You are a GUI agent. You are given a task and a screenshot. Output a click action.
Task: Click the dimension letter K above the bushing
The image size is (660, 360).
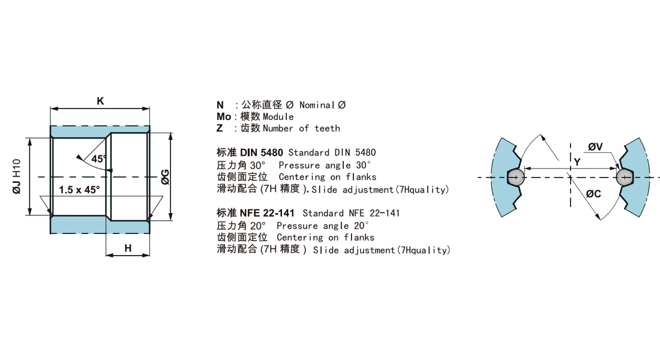click(100, 101)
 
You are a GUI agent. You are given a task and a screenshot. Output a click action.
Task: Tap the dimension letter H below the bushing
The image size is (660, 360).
click(128, 248)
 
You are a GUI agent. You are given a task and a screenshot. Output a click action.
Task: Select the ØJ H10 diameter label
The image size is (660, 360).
click(16, 176)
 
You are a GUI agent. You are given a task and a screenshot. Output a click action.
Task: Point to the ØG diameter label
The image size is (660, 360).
click(166, 177)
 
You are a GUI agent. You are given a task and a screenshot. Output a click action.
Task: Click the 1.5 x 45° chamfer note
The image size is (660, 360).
click(80, 190)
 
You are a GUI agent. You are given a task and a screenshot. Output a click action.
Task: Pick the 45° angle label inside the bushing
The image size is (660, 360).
click(99, 159)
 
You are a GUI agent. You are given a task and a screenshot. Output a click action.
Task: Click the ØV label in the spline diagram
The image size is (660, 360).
click(596, 147)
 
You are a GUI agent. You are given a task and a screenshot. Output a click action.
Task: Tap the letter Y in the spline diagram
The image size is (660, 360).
click(577, 161)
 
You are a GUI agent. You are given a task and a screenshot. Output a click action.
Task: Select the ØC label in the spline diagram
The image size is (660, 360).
click(593, 194)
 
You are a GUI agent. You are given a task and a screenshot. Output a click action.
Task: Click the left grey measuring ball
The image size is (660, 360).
click(515, 177)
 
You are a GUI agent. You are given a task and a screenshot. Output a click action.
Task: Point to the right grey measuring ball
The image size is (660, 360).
click(624, 177)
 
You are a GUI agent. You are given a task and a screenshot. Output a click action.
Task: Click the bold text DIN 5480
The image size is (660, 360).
click(262, 152)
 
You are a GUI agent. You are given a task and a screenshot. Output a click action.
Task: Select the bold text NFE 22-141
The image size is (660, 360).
click(267, 213)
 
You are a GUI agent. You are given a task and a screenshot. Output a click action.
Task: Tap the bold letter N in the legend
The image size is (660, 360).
click(220, 105)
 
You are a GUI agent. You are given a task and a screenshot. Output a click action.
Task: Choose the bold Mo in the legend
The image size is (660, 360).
click(224, 116)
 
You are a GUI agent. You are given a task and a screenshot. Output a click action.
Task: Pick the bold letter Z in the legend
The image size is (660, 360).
click(220, 128)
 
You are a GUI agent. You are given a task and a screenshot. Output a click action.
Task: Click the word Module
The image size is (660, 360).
click(278, 116)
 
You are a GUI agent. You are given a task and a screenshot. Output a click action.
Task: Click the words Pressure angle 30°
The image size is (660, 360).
click(325, 165)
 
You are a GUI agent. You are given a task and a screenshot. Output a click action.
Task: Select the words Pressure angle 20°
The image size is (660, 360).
click(323, 226)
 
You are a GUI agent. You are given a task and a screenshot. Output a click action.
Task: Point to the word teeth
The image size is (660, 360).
click(328, 128)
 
